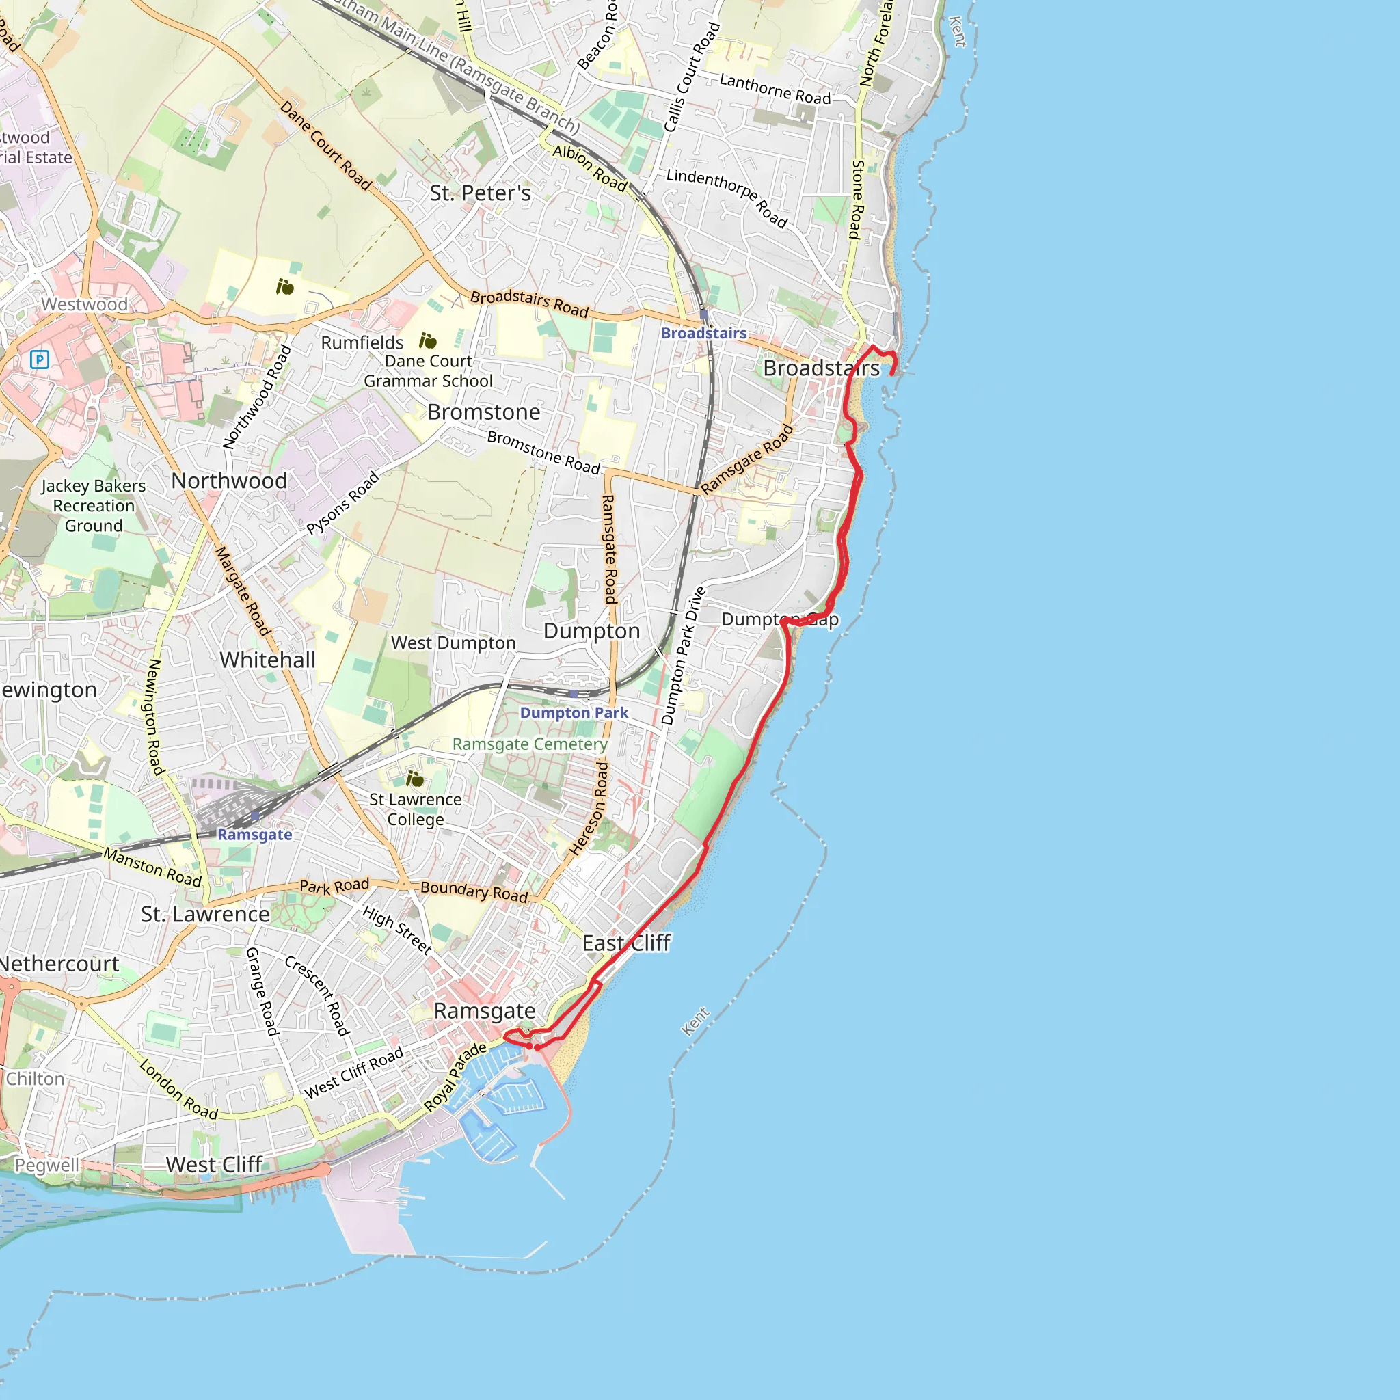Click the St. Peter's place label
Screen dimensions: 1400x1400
coord(480,193)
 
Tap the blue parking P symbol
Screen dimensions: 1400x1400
coord(40,359)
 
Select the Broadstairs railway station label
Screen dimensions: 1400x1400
coord(703,334)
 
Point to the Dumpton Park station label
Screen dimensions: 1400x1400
coord(574,713)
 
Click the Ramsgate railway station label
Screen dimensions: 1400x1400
coord(254,835)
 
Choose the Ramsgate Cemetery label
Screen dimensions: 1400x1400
coord(530,744)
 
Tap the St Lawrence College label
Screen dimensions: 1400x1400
coord(415,809)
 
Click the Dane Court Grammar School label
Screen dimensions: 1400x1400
coord(427,371)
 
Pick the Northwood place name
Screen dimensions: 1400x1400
coord(229,481)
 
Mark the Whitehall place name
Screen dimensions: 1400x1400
coord(267,660)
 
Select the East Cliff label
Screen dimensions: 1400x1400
coord(626,943)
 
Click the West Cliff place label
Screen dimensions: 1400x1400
coord(214,1166)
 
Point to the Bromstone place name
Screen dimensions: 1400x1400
coord(483,412)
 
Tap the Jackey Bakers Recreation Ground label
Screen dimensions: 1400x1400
coord(94,506)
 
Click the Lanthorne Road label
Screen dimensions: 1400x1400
coord(775,89)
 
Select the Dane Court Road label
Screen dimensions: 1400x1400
coord(325,146)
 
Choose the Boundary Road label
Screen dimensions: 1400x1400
coord(474,891)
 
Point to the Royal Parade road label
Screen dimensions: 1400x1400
coord(455,1077)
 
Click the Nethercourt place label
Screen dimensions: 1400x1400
coord(59,965)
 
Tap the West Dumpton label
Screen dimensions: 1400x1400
coord(453,643)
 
